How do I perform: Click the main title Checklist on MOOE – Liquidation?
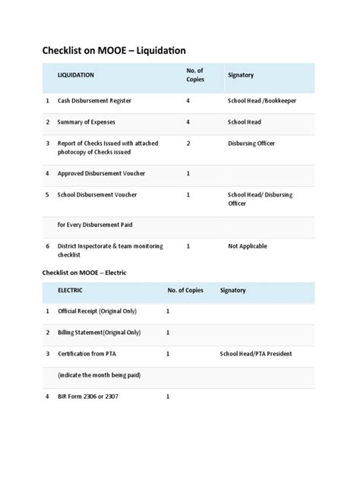[114, 51]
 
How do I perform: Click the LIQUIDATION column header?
[76, 75]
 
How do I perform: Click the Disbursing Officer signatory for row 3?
[251, 143]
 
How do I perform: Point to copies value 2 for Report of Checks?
[188, 143]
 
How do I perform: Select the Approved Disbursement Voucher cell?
[101, 174]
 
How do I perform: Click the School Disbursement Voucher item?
[97, 195]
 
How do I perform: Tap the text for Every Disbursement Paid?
[96, 226]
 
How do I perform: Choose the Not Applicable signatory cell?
[248, 247]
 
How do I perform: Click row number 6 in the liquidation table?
[47, 247]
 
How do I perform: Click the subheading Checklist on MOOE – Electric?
[96, 272]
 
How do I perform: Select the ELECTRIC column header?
[73, 291]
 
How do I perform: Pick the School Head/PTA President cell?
[256, 354]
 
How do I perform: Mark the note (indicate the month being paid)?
[99, 375]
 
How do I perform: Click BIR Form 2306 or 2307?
[88, 396]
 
